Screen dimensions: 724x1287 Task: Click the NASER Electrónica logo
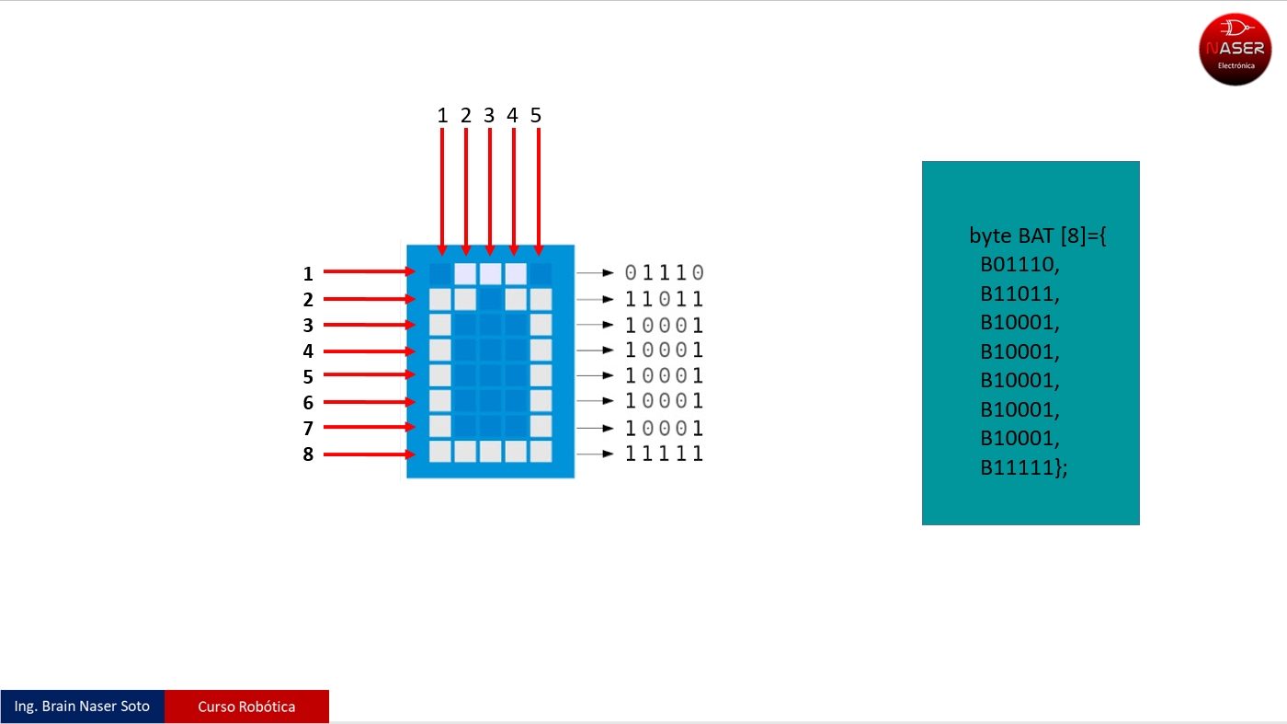coord(1235,50)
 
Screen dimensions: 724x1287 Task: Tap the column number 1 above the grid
coord(442,116)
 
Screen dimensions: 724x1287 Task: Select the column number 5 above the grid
coord(536,116)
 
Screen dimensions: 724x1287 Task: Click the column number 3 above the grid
coord(489,116)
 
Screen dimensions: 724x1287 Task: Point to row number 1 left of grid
coord(308,274)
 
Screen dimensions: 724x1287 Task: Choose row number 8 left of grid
coord(308,454)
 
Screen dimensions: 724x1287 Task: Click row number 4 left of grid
coord(308,351)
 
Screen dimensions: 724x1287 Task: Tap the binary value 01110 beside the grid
coord(664,272)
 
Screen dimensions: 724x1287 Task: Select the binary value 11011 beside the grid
coord(664,299)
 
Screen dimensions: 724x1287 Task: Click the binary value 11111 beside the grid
coord(664,454)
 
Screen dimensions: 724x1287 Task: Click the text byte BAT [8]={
coord(1038,236)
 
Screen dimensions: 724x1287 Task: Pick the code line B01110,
coord(1019,265)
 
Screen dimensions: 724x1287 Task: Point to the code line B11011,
coord(1019,293)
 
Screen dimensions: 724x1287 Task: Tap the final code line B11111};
coord(1024,467)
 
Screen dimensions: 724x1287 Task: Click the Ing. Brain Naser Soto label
coord(82,707)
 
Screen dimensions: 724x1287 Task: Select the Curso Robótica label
coord(246,707)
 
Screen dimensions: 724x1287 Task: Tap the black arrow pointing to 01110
coord(595,273)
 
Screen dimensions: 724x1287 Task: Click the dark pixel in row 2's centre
coord(490,300)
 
